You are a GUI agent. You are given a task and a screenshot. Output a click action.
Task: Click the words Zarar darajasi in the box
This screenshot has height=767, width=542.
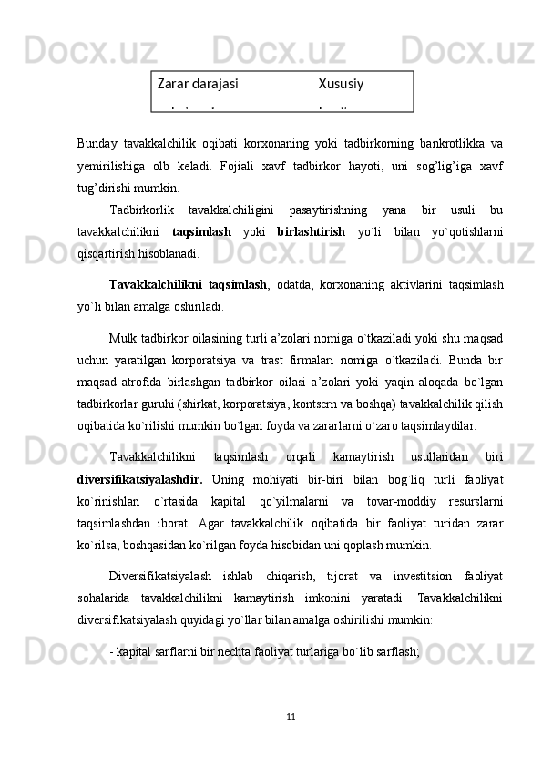tap(198, 84)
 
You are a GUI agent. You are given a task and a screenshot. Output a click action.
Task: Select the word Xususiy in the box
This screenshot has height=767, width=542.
tap(341, 84)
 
